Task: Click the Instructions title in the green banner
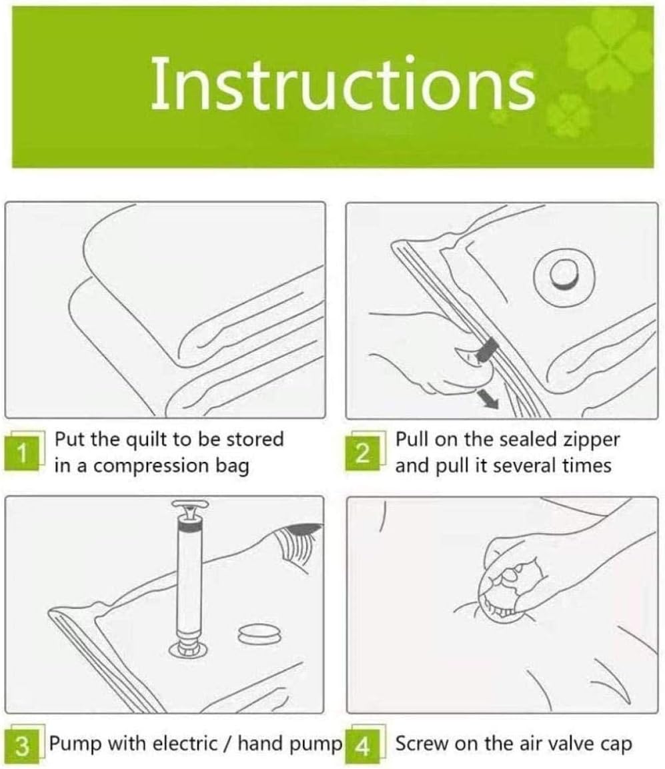[x=343, y=84]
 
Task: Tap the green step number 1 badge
[x=21, y=452]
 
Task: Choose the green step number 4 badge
[x=363, y=746]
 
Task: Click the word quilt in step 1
[x=147, y=440]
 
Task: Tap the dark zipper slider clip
[x=487, y=349]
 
